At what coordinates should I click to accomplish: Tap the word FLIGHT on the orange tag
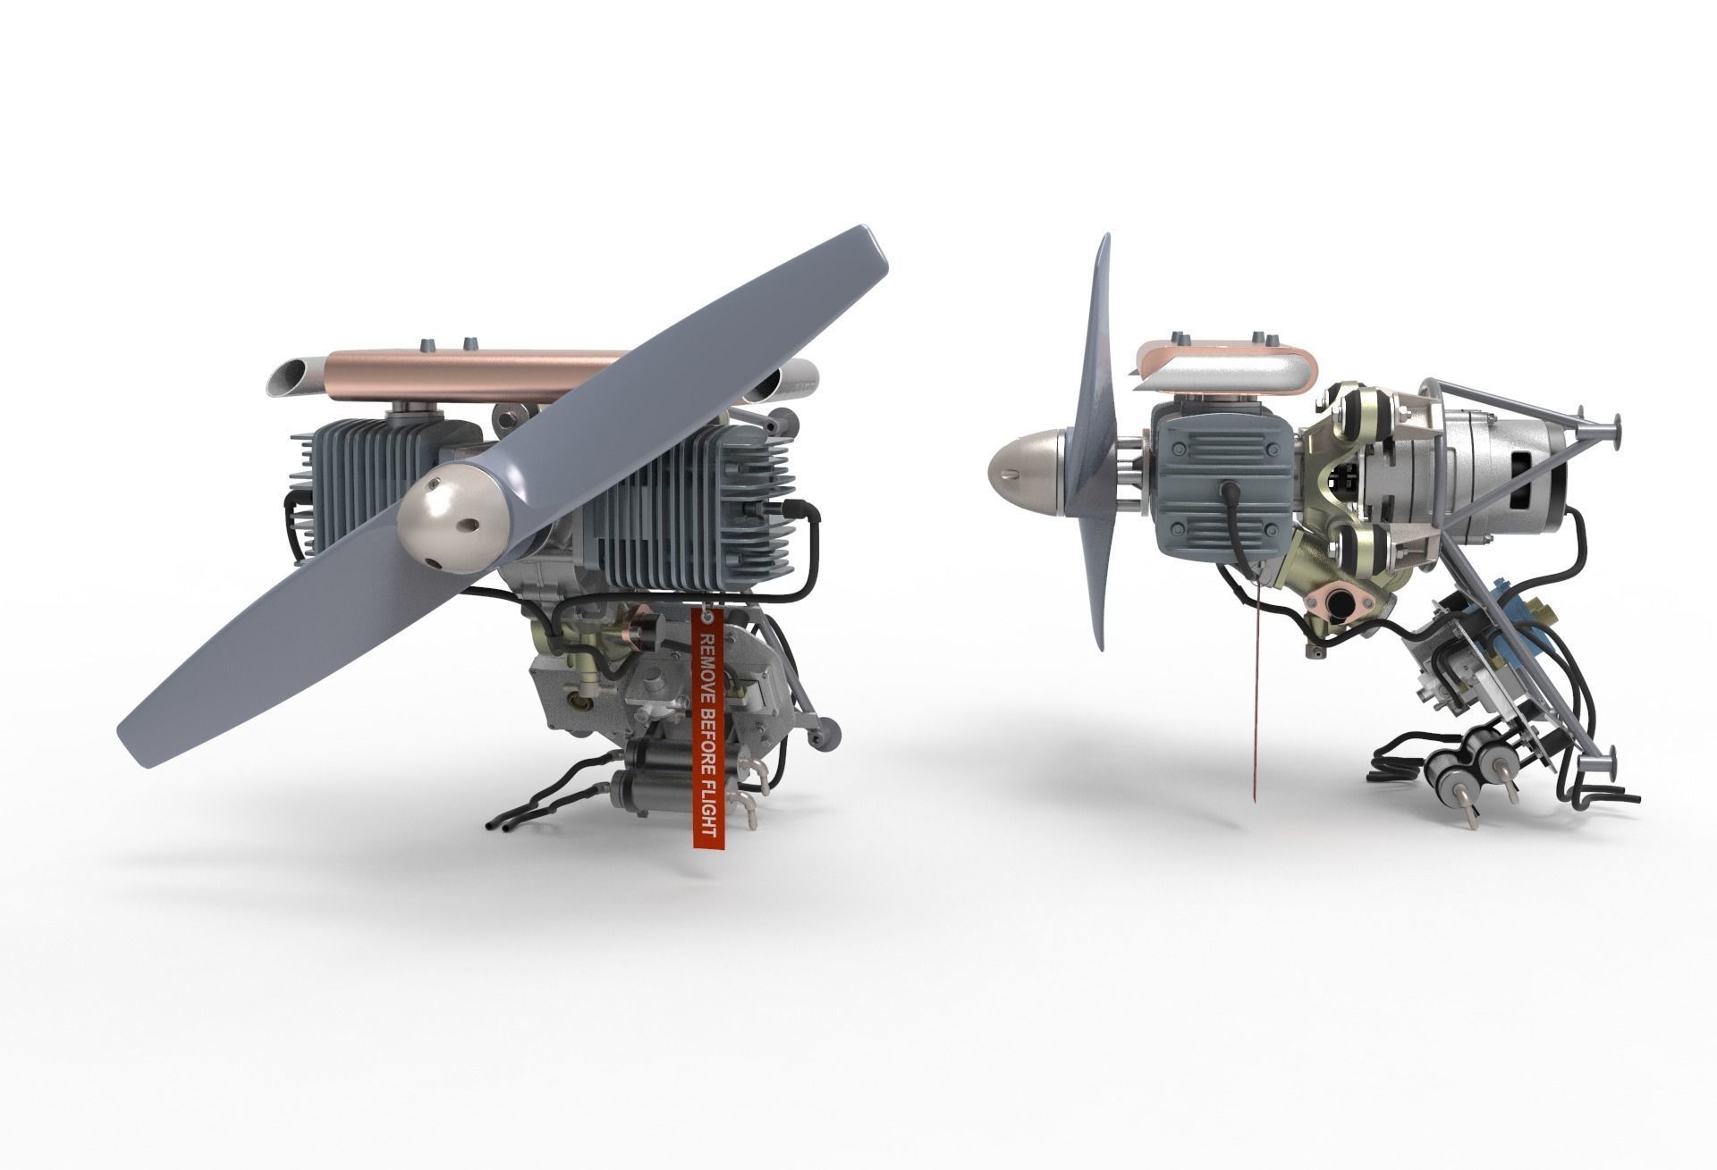706,809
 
